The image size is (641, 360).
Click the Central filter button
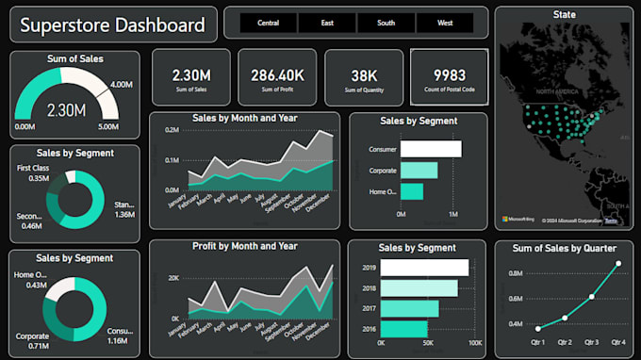pos(268,23)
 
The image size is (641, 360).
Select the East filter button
pos(327,23)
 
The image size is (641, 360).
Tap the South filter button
pos(386,23)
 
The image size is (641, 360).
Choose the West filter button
pos(444,23)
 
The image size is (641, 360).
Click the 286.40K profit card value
pos(277,74)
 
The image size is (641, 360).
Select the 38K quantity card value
pos(363,74)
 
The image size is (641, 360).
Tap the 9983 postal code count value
pos(450,74)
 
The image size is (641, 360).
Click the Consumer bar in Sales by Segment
pos(431,149)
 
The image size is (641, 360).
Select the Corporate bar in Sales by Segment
pos(419,171)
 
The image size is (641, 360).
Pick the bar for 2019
pos(435,268)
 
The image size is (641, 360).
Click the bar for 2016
pos(414,329)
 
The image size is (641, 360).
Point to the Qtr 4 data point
pos(618,264)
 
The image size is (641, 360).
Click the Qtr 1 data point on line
pos(537,328)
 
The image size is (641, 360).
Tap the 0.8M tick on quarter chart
pos(516,273)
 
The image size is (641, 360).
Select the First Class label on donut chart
pos(33,168)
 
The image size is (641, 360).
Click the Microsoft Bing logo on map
pos(518,219)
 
